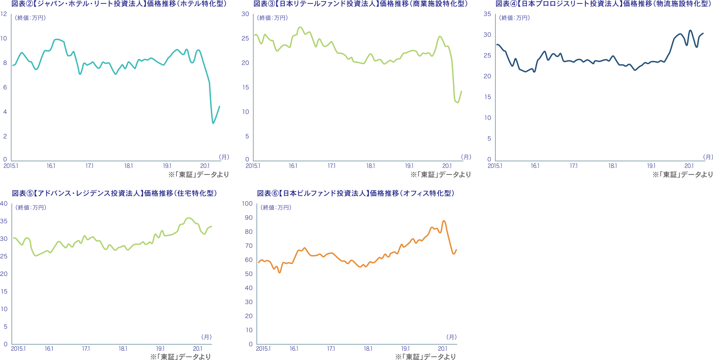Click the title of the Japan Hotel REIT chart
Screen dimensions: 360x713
pos(119,4)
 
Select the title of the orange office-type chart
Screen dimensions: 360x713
pos(356,194)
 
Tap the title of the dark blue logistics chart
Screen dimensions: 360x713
pos(604,4)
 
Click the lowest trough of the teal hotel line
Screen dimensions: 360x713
pos(213,123)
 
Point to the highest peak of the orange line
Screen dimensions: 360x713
pos(444,221)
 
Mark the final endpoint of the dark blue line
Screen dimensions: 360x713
pos(703,33)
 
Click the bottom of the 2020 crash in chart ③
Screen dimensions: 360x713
pos(458,103)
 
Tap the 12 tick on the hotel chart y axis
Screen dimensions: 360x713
pos(4,14)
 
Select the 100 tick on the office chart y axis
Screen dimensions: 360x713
pos(247,204)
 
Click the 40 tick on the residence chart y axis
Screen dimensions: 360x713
pos(4,204)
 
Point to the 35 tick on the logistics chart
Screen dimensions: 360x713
pos(488,14)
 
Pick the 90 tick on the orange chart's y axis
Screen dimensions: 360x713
pos(249,218)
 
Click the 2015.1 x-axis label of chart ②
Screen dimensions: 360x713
pos(11,166)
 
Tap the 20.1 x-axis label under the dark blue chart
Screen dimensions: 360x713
pos(689,166)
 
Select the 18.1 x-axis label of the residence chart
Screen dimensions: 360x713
pos(123,349)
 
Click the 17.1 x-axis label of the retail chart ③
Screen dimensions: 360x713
pos(331,166)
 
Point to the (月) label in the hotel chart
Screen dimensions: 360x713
pos(224,157)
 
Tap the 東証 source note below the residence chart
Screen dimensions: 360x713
pos(181,357)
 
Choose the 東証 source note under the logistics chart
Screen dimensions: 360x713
pos(682,174)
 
